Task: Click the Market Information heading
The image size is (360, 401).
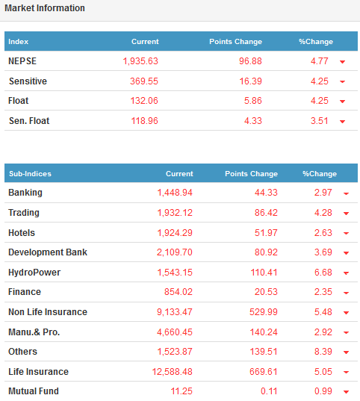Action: click(45, 8)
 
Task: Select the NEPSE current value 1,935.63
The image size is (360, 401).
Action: click(140, 61)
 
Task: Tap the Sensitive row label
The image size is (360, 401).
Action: click(28, 81)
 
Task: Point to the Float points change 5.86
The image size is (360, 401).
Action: click(252, 101)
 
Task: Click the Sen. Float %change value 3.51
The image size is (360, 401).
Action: click(320, 121)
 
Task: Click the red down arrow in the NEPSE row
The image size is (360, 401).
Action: click(342, 62)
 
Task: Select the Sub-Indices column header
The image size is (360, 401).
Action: click(30, 174)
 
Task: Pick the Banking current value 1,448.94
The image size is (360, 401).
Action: click(175, 193)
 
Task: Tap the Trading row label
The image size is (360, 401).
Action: click(24, 213)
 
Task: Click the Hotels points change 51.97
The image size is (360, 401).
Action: click(266, 233)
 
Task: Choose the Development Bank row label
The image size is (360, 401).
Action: click(48, 252)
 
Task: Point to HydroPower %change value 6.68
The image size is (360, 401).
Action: click(323, 273)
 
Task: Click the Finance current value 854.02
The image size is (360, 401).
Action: click(179, 292)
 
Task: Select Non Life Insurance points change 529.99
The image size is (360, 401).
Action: click(264, 312)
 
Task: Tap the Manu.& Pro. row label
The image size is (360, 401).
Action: click(34, 332)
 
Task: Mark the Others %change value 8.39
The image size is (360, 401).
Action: click(323, 352)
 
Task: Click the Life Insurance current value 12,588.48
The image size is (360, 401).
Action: click(173, 372)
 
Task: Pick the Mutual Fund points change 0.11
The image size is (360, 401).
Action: click(269, 391)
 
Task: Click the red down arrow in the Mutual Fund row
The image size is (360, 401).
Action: click(347, 392)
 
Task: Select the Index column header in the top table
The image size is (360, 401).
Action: click(18, 42)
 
